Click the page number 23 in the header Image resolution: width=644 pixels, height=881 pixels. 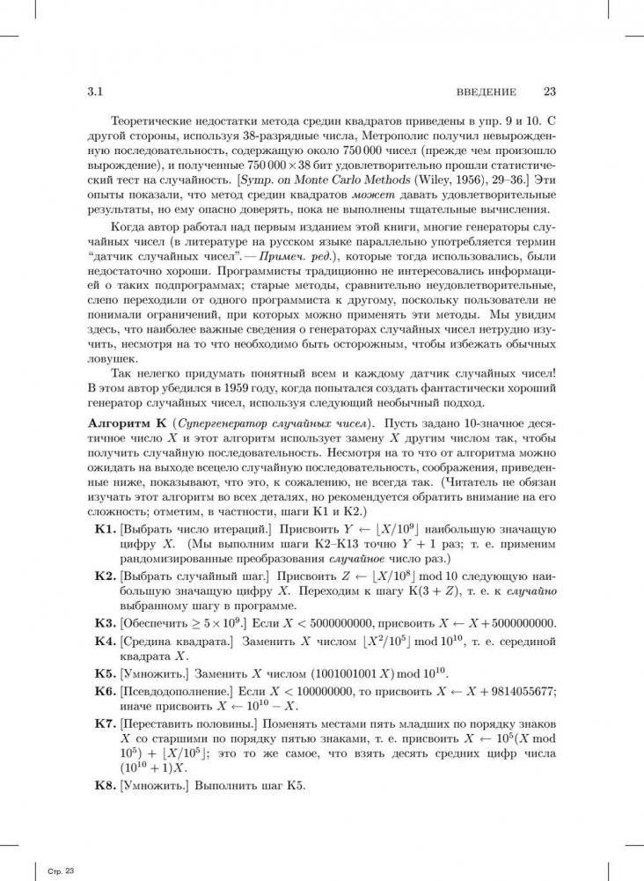click(552, 92)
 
